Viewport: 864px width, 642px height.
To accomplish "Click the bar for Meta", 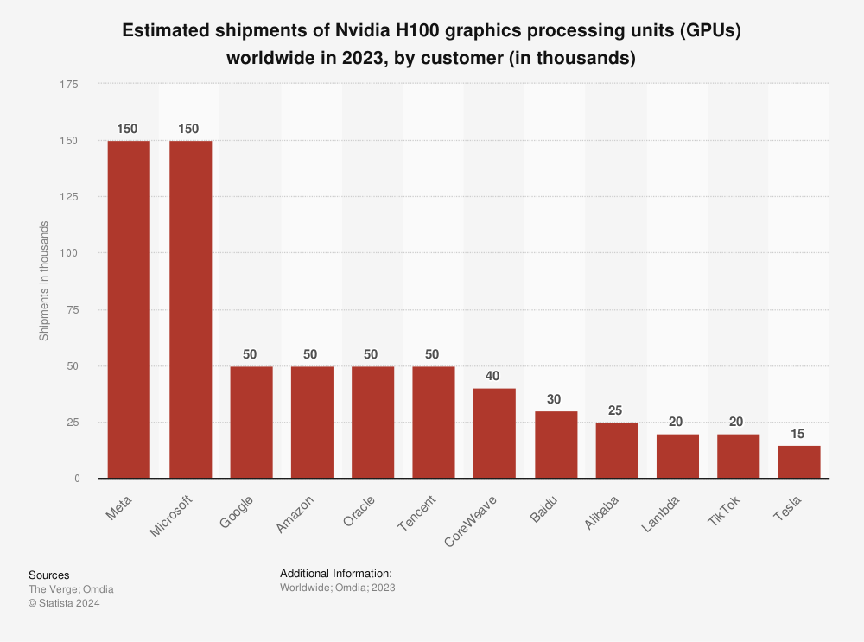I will click(129, 309).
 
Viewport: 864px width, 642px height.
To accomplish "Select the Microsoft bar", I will click(190, 309).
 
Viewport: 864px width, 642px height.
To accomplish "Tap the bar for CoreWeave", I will click(494, 433).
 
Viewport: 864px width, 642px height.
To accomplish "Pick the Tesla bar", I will click(798, 461).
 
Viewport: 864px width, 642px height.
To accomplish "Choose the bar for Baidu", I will click(556, 444).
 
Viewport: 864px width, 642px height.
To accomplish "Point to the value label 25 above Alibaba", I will click(616, 410).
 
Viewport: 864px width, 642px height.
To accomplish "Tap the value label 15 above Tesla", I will click(798, 433).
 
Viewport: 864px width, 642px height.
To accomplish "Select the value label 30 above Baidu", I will click(556, 399).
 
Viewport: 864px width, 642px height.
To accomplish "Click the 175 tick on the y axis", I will click(70, 85).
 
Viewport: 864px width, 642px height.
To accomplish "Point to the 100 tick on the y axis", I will click(70, 253).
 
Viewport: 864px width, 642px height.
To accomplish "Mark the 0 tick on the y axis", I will click(77, 479).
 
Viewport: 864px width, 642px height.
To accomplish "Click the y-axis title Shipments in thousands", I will click(44, 281).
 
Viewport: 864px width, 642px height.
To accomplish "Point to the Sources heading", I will click(48, 575).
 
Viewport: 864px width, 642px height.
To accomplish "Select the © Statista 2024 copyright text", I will click(64, 603).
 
